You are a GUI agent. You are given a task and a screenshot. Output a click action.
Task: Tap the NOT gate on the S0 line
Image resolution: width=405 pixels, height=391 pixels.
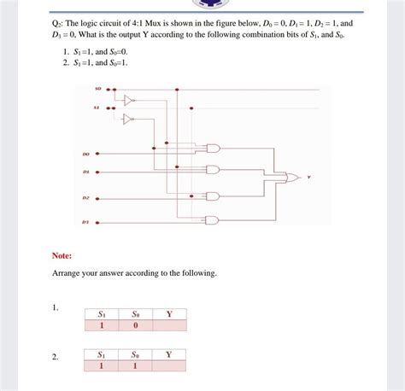click(129, 100)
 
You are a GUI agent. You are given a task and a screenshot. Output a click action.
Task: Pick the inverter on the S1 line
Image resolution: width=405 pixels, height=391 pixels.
click(129, 119)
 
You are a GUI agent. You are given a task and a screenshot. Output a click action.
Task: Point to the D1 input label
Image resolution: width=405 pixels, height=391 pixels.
click(86, 172)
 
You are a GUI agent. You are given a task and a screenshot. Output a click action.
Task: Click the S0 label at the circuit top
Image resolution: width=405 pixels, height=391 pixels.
click(98, 88)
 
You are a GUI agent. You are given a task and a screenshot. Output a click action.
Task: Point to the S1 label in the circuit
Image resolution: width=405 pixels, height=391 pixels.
click(98, 108)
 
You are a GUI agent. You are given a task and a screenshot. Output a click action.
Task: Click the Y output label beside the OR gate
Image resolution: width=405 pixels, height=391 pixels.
click(309, 178)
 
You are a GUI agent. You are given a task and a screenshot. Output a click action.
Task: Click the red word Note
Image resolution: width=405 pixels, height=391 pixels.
click(62, 254)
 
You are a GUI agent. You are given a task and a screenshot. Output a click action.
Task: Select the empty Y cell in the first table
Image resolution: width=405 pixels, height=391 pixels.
click(169, 325)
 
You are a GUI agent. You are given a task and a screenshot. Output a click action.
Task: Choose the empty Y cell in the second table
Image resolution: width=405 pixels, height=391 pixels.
click(169, 365)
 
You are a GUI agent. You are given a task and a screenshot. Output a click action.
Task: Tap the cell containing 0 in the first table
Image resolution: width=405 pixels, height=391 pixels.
click(135, 325)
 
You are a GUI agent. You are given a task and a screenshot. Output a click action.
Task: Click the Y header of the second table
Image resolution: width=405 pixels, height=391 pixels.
click(169, 353)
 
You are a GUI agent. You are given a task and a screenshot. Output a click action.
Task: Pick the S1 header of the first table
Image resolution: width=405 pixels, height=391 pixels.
click(102, 314)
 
